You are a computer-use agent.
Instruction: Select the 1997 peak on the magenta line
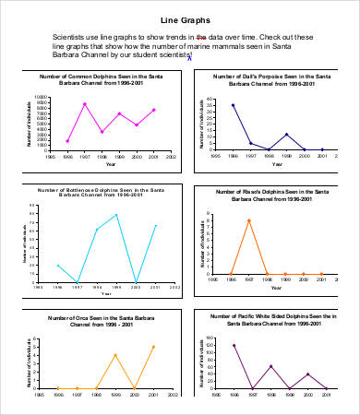pyautogui.click(x=85, y=104)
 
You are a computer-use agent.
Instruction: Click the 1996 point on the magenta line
pyautogui.click(x=67, y=141)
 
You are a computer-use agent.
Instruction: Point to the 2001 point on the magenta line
pyautogui.click(x=154, y=110)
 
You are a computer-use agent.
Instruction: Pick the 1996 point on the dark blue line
pyautogui.click(x=233, y=105)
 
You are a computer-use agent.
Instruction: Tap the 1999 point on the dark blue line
pyautogui.click(x=286, y=135)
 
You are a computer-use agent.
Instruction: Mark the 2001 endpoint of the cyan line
pyautogui.click(x=156, y=225)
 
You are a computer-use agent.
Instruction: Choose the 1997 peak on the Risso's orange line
pyautogui.click(x=248, y=219)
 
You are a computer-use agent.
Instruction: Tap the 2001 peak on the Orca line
pyautogui.click(x=153, y=347)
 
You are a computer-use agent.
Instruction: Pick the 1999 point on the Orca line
pyautogui.click(x=115, y=355)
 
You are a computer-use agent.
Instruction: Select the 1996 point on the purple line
pyautogui.click(x=234, y=346)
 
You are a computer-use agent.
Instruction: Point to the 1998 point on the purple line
pyautogui.click(x=270, y=366)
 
